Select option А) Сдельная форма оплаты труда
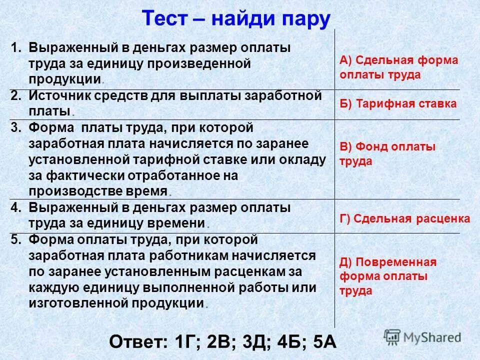coord(398,67)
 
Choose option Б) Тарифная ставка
coord(398,104)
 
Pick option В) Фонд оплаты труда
coord(387,154)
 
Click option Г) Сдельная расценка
coord(404,218)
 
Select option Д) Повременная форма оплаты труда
coord(388,276)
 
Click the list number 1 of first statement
coord(15,48)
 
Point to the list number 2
coord(15,96)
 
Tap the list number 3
coord(15,128)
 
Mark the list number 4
coord(15,207)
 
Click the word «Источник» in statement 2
coord(58,96)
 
